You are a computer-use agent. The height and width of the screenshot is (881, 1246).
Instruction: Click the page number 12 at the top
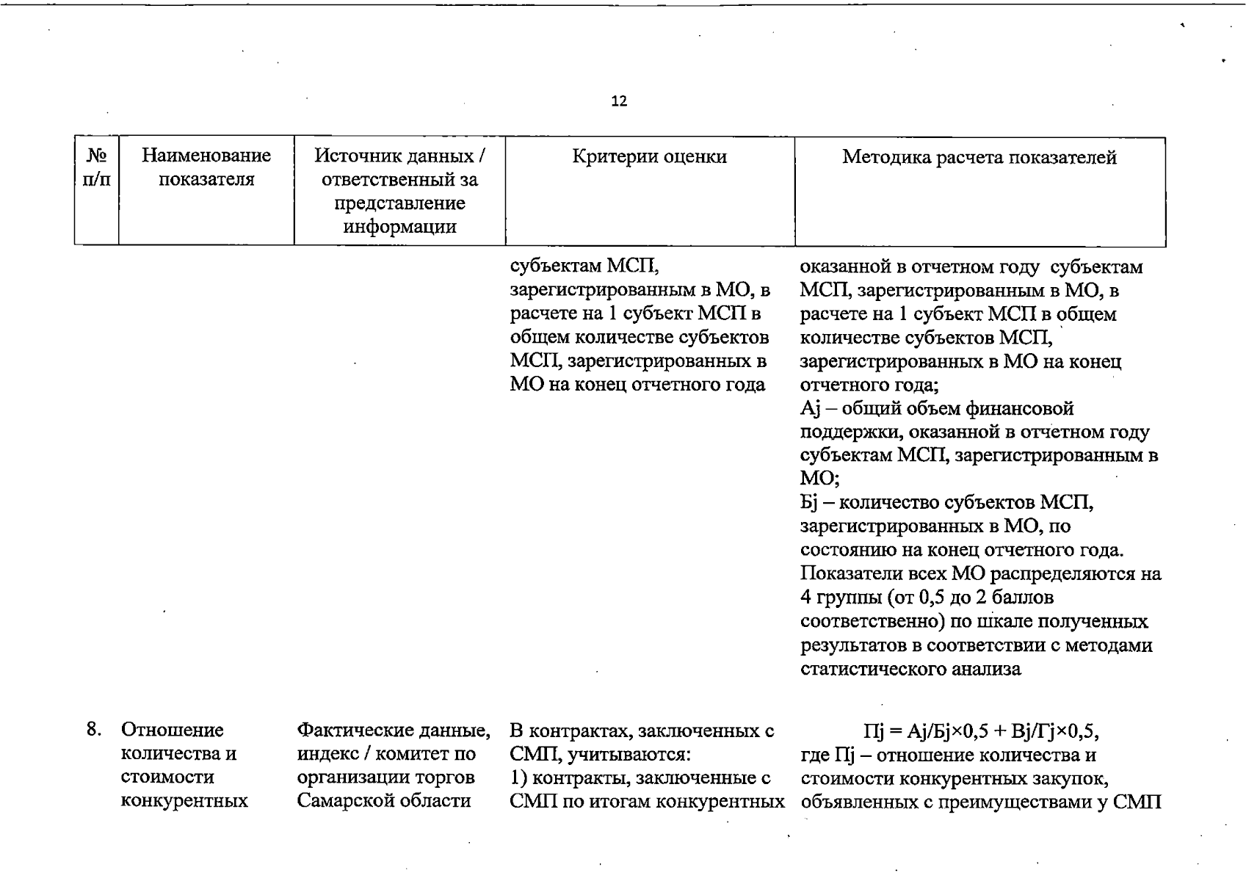point(619,101)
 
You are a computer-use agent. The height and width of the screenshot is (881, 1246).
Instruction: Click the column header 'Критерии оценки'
point(649,156)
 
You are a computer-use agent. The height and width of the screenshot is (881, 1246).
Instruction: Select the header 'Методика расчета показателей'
point(979,156)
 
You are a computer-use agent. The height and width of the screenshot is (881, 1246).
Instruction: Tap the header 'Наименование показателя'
point(206,167)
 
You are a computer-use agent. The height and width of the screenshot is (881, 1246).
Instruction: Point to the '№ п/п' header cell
point(96,167)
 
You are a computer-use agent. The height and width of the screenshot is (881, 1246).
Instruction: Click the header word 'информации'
point(399,226)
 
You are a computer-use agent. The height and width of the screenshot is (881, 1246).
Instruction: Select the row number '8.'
point(94,729)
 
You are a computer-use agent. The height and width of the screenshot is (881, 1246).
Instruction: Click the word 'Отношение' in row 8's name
point(172,730)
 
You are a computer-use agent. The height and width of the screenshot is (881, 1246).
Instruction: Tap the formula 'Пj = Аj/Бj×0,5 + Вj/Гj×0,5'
point(981,731)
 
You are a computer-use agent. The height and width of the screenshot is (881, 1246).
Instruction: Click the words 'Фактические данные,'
point(394,730)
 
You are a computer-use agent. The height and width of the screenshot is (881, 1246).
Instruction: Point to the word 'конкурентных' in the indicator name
point(184,800)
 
